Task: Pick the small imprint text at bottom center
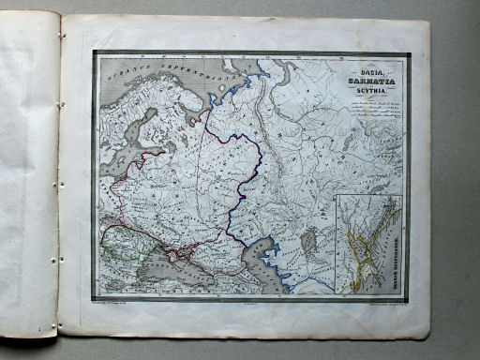point(248,304)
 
